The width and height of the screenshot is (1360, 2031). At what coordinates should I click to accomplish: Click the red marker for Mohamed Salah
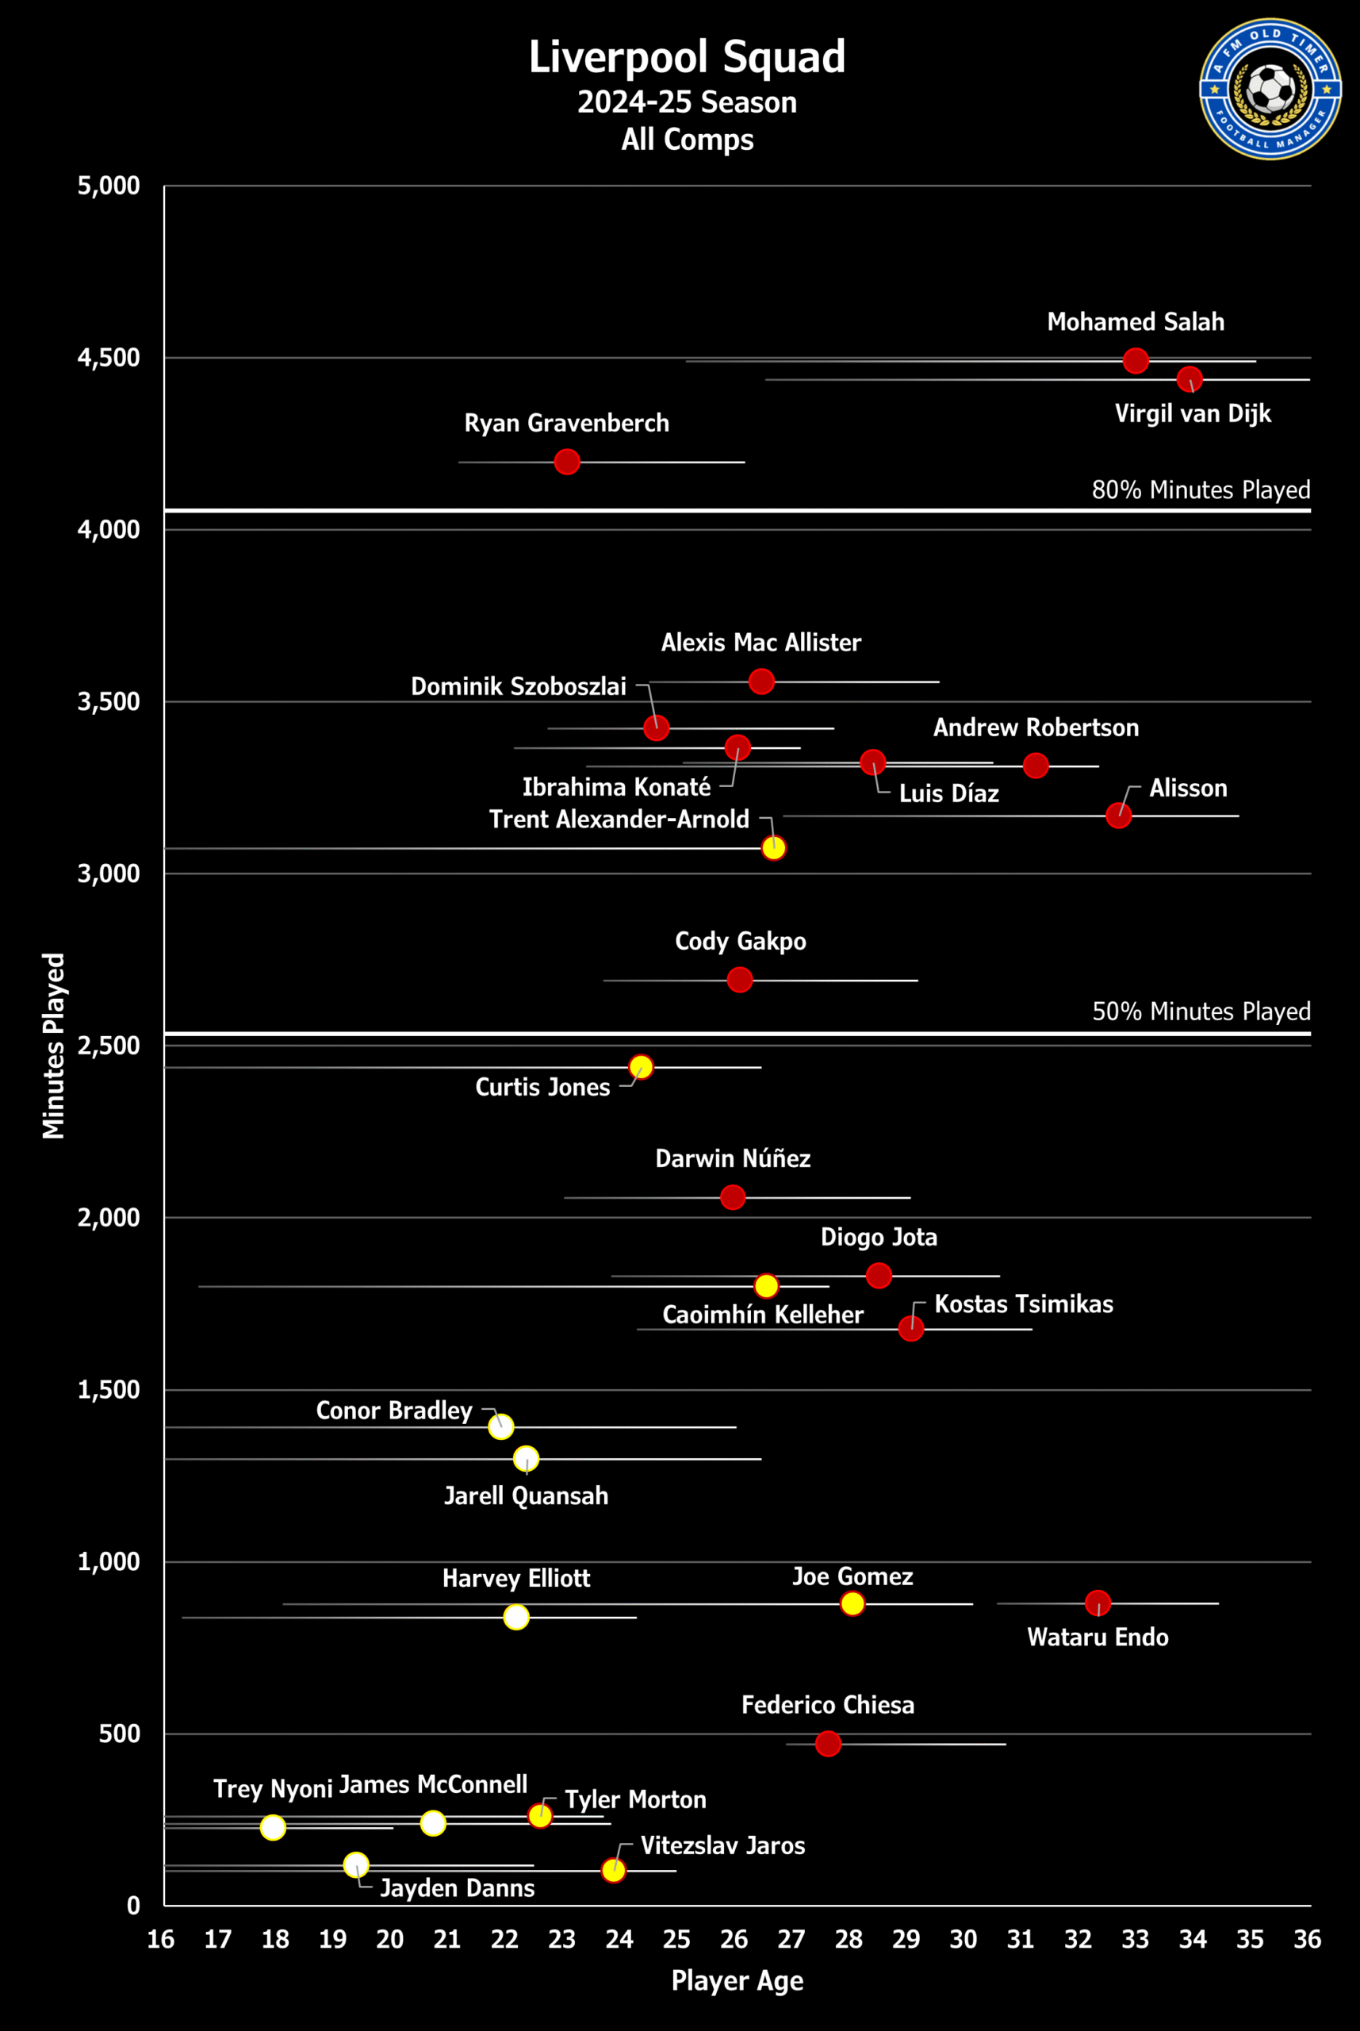coord(1136,360)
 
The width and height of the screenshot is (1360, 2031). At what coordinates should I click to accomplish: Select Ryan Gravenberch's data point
coord(566,462)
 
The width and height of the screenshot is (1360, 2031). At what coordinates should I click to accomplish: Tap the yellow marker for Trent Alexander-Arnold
coord(774,847)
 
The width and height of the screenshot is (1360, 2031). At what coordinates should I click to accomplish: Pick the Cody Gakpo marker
coord(740,980)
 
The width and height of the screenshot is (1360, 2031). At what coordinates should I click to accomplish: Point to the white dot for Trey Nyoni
coord(272,1827)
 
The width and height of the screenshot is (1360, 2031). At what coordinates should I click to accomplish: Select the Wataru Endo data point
coord(1098,1603)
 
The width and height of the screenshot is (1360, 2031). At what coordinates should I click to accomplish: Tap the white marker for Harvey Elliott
coord(516,1616)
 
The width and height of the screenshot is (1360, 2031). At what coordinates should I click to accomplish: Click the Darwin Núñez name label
coord(733,1158)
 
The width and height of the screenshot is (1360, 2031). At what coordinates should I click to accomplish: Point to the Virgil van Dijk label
coord(1193,413)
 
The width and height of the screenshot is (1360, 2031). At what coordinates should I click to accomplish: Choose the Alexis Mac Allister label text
coord(760,642)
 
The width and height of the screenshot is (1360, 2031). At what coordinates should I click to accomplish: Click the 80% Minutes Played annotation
coord(1201,490)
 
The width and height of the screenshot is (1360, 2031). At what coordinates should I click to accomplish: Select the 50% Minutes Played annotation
coord(1201,1012)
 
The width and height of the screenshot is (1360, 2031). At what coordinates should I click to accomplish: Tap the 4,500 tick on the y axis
coord(109,358)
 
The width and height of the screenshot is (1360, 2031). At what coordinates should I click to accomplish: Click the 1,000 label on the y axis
coord(109,1561)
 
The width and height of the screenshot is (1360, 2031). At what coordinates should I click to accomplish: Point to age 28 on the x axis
coord(849,1939)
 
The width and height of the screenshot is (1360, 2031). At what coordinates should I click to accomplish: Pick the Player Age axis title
coord(737,1981)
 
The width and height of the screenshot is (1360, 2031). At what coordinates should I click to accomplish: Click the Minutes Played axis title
coord(54,1046)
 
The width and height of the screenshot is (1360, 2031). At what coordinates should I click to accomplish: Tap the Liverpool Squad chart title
coord(687,57)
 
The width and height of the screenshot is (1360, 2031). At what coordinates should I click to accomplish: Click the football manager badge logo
coord(1270,89)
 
